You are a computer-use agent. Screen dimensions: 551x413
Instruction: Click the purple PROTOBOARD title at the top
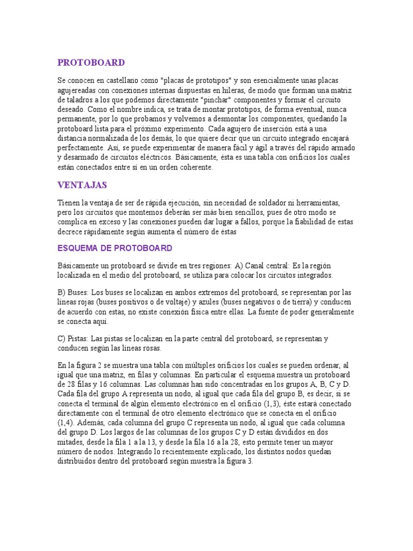(91, 62)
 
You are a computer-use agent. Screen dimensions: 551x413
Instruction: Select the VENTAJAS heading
(82, 185)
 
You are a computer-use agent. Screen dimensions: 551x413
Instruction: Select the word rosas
(166, 348)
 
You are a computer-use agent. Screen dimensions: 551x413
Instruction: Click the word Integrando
(146, 451)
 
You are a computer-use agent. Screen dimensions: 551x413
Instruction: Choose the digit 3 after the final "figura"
(250, 461)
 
